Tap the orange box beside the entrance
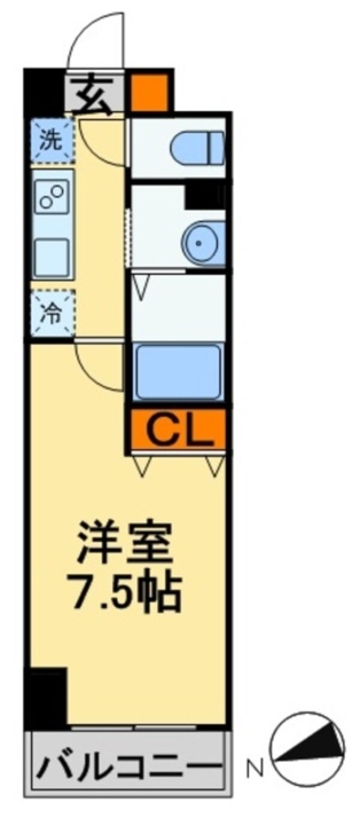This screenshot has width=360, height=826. pyautogui.click(x=149, y=92)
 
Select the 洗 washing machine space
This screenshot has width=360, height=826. pyautogui.click(x=51, y=140)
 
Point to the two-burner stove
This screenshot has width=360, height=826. pyautogui.click(x=52, y=197)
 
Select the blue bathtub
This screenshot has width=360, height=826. pyautogui.click(x=178, y=372)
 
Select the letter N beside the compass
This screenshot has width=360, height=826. pyautogui.click(x=257, y=767)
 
